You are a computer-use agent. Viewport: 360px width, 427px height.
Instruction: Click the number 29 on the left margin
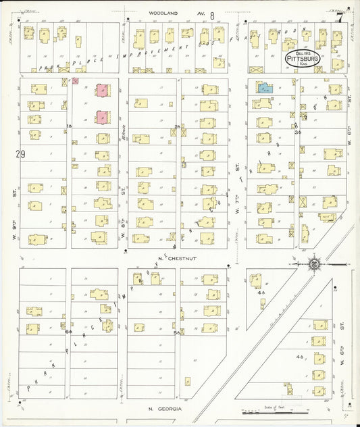20,154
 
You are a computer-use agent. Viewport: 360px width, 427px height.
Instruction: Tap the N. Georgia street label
162,409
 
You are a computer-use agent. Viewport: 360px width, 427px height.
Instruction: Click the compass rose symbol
314,263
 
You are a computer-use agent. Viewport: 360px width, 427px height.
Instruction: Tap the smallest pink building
76,80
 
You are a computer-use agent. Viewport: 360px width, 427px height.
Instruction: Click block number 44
261,293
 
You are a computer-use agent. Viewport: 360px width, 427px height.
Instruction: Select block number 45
300,356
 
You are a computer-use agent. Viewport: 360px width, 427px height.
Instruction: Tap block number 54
177,332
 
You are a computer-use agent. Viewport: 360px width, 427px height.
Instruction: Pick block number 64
68,332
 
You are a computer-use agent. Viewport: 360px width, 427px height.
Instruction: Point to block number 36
297,132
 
